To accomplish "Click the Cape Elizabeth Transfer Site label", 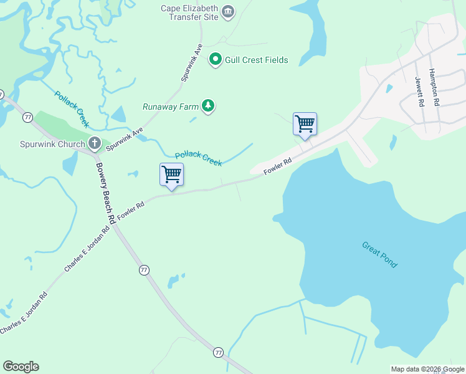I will [x=189, y=12].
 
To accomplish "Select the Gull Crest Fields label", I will [x=257, y=60].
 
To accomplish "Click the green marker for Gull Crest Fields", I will [x=216, y=60].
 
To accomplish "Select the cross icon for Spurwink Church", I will [x=95, y=144].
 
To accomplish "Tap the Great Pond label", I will [x=379, y=254].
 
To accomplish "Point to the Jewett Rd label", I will [x=419, y=92].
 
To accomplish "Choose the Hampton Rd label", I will [x=435, y=87].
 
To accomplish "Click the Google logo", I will [x=21, y=367].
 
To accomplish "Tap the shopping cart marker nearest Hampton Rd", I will [x=305, y=124].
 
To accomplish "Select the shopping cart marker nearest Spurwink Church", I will [x=171, y=175].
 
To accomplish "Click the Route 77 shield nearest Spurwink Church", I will [x=27, y=117].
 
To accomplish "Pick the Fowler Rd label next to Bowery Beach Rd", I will [x=131, y=209].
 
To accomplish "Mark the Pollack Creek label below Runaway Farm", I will [x=198, y=158].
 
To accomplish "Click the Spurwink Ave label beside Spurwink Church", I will [x=125, y=139].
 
